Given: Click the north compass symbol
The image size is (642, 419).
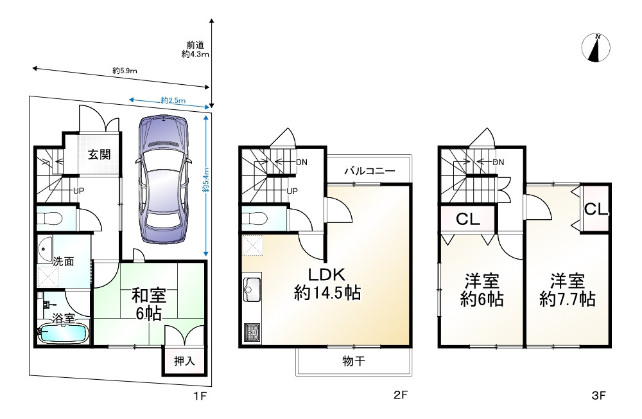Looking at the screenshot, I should [x=596, y=48].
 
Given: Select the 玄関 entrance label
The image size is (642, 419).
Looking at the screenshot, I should [x=99, y=154].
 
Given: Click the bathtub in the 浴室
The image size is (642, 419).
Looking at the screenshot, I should [x=63, y=334].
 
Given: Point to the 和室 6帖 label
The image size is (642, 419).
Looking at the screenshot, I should [x=149, y=305].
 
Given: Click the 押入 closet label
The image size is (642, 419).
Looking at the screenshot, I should [x=185, y=361].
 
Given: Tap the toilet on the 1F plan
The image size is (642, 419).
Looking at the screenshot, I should [x=49, y=218].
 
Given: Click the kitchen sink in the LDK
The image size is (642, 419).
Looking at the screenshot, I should [x=251, y=290].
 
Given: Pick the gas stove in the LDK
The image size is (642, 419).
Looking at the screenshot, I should [x=250, y=333].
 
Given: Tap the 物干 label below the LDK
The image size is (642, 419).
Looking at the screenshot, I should [x=354, y=362].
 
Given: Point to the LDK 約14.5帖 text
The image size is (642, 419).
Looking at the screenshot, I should [x=327, y=284].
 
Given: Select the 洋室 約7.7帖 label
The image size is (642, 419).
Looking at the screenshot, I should [x=567, y=290].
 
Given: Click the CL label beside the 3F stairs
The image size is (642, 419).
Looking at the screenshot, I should [x=468, y=219].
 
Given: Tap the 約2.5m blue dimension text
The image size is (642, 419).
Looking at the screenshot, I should [x=173, y=100].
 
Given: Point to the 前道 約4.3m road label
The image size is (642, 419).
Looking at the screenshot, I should [x=195, y=50].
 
